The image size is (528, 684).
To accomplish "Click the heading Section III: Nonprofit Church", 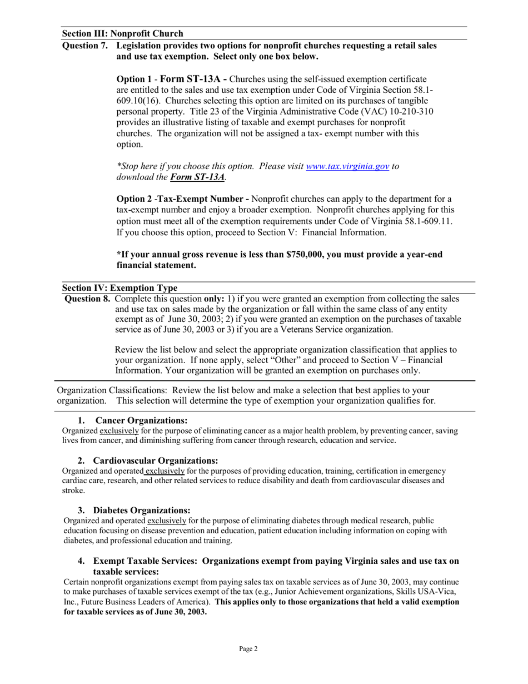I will (122, 33).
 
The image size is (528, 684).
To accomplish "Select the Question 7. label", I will (85, 46).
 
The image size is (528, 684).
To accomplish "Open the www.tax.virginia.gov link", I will (347, 166).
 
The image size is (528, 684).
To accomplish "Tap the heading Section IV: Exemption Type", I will (119, 288).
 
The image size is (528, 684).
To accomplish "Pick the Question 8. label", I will (88, 299).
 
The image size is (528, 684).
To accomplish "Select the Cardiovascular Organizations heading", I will (155, 460).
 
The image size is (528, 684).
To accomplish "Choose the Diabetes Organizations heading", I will (142, 510).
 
